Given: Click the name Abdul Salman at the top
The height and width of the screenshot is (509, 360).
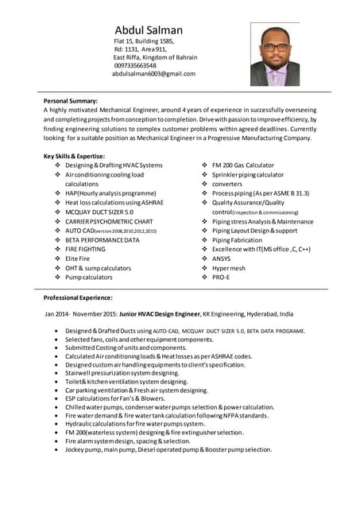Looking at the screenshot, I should click(149, 31).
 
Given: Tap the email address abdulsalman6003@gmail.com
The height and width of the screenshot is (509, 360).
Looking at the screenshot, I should click(153, 74).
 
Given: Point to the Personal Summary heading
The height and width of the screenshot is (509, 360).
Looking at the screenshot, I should click(71, 102).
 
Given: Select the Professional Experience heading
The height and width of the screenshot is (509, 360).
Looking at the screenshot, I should click(78, 297).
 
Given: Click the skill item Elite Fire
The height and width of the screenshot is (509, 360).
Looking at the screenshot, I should click(77, 258).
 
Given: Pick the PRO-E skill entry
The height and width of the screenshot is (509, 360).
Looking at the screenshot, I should click(221, 278).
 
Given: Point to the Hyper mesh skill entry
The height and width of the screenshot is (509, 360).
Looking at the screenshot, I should click(229, 268).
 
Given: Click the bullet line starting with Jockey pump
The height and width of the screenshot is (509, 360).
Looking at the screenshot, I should click(168, 449).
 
